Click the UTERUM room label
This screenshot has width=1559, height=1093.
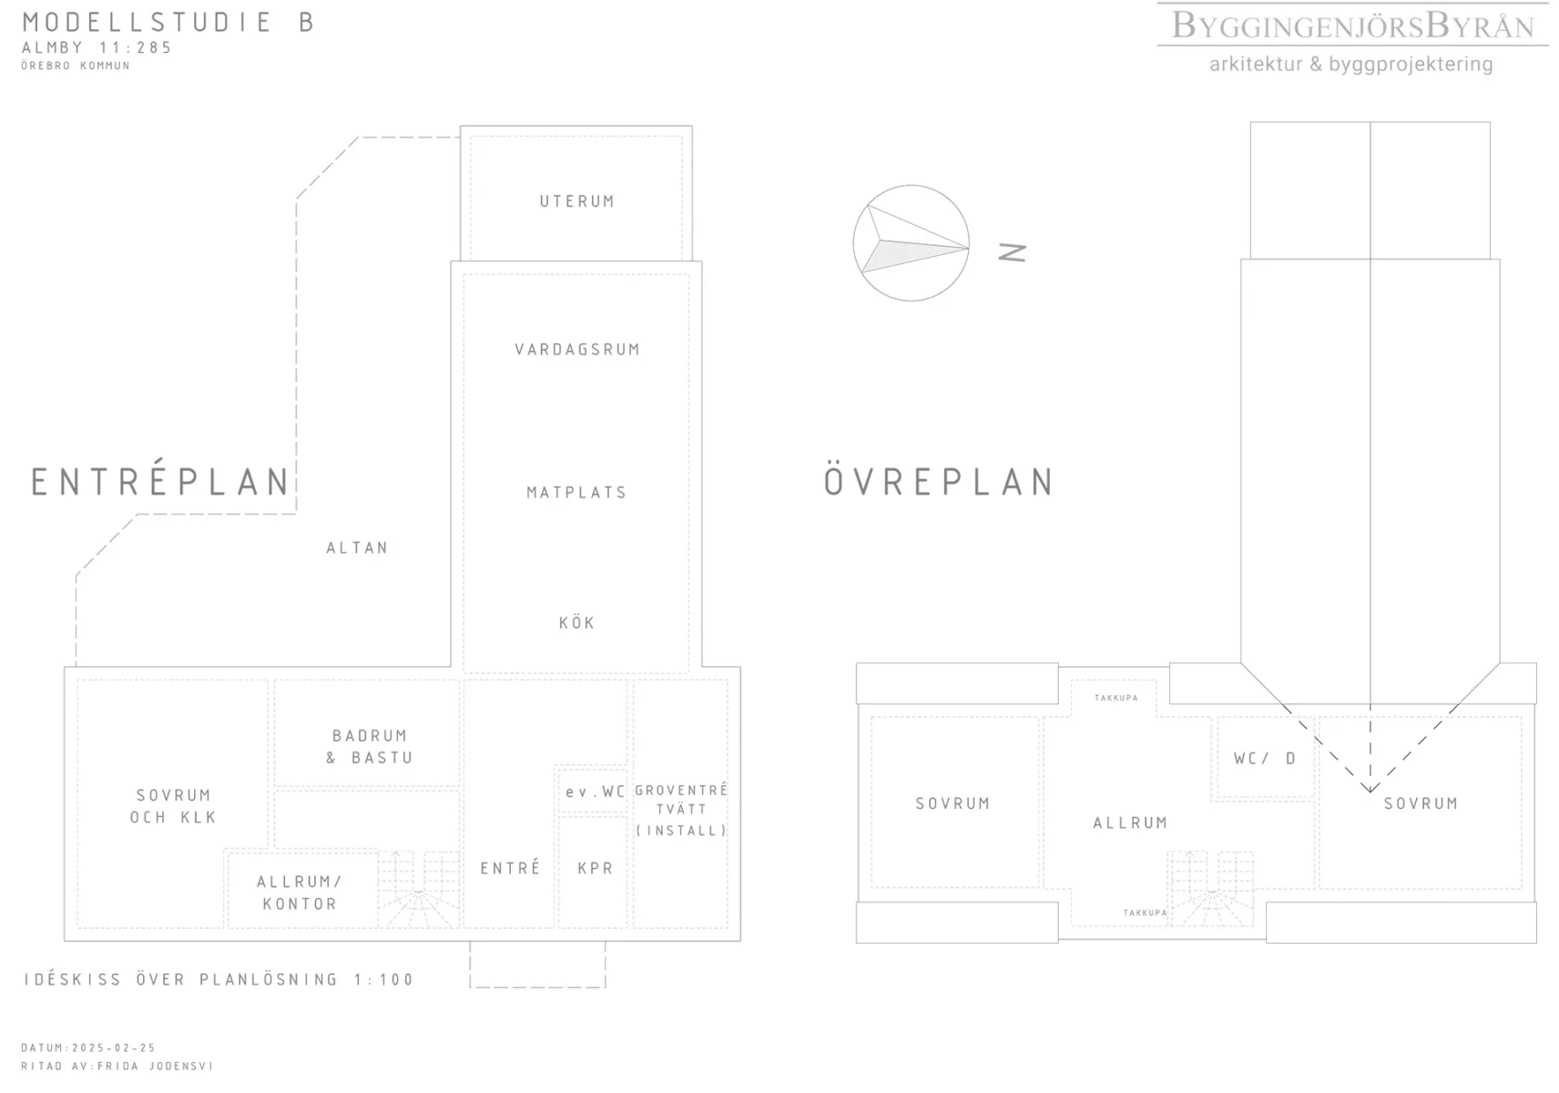(577, 202)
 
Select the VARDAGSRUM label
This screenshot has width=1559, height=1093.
(577, 350)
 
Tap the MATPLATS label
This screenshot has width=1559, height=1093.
(576, 493)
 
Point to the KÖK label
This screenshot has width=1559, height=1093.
(577, 622)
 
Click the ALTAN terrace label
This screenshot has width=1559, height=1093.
(357, 548)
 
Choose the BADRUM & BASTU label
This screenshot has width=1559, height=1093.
(370, 746)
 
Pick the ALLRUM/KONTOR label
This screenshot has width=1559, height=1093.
(300, 893)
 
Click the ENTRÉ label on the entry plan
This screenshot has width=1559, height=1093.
(510, 867)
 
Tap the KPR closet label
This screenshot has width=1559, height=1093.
(596, 868)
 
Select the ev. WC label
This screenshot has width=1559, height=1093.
(595, 792)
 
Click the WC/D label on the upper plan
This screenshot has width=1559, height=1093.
(1265, 758)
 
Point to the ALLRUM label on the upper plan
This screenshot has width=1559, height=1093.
(1130, 822)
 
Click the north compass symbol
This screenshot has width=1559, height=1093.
(911, 243)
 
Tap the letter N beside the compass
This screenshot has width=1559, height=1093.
(1013, 252)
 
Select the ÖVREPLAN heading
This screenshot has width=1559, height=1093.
(939, 481)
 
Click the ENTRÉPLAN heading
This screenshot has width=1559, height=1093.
(160, 480)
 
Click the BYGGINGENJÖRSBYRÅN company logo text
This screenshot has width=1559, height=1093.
(1353, 26)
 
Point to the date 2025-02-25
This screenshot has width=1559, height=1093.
(114, 1047)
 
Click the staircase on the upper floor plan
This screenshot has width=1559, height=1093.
(1210, 888)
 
